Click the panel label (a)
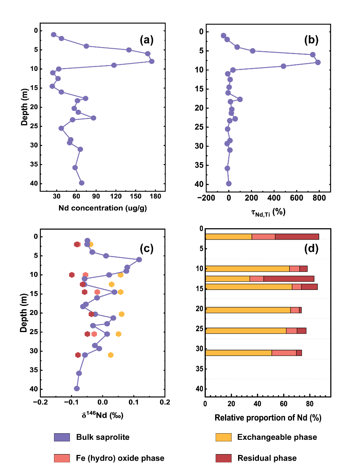point(146,40)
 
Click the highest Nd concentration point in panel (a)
point(152,61)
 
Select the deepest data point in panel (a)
point(81,183)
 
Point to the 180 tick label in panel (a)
point(155,196)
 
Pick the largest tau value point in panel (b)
point(318,62)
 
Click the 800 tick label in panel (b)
point(319,198)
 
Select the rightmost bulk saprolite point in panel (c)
point(139,260)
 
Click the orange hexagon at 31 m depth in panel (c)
point(110,355)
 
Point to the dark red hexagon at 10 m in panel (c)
point(72,275)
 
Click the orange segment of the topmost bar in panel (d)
point(228,237)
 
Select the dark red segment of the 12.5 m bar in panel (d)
point(289,279)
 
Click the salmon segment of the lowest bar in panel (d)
point(284,353)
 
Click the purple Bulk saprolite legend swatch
point(62,437)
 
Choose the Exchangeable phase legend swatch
point(223,437)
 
